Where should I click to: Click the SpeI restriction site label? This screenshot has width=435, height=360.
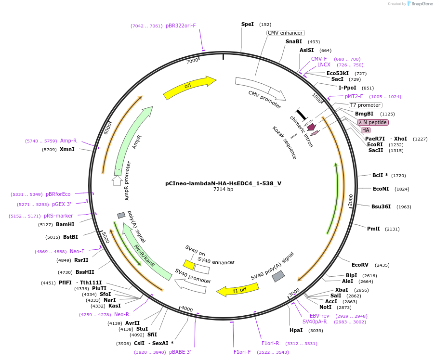(247, 24)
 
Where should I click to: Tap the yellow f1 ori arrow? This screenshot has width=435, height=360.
(238, 290)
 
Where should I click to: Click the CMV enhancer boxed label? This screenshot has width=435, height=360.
(285, 33)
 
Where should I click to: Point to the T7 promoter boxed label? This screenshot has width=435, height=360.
(365, 105)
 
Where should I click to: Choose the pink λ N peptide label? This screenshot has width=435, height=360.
(372, 122)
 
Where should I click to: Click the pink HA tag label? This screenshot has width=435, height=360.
(366, 130)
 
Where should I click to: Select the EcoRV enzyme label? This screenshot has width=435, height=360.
(360, 265)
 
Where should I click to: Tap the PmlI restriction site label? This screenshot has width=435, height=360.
(373, 229)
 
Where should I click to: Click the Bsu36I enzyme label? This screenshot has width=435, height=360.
(381, 206)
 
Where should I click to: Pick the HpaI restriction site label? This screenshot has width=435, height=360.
(296, 330)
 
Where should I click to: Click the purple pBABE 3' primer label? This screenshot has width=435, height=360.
(180, 352)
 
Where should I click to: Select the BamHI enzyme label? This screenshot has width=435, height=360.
(65, 224)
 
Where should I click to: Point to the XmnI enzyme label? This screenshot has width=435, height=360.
(67, 149)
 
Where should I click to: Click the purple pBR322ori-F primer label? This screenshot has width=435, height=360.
(181, 26)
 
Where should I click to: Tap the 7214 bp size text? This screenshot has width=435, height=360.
(223, 190)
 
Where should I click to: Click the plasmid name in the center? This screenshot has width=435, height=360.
(223, 183)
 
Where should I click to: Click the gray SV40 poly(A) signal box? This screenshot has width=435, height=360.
(278, 276)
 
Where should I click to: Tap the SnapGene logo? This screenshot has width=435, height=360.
(420, 4)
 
